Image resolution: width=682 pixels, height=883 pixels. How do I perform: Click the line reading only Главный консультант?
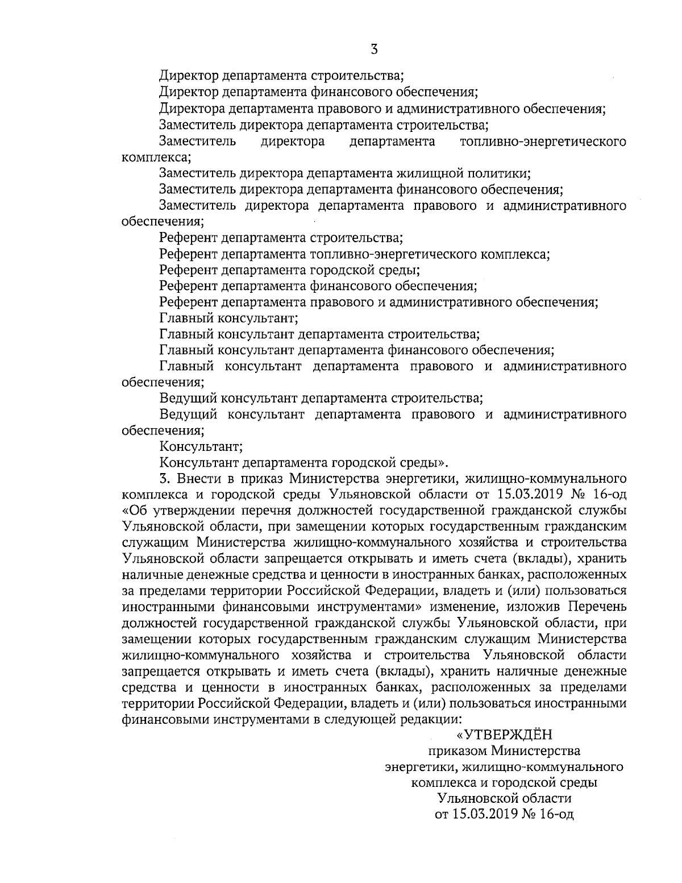click(x=229, y=318)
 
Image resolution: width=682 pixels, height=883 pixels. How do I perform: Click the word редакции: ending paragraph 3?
click(x=422, y=719)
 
